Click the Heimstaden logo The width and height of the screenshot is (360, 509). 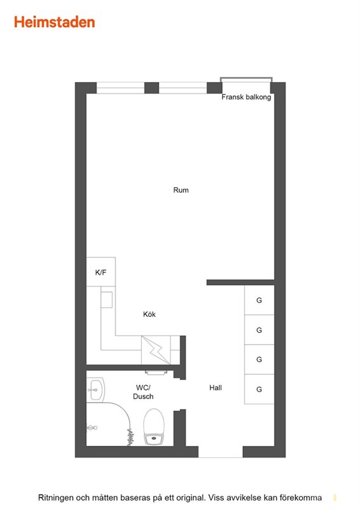(55, 22)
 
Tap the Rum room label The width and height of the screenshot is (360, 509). (181, 190)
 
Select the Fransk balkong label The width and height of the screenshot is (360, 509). (246, 97)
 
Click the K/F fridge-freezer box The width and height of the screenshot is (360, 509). (100, 272)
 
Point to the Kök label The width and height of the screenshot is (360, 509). (149, 314)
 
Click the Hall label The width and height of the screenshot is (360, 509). (216, 387)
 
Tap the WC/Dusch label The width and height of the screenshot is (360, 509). (143, 392)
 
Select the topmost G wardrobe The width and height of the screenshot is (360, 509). (259, 300)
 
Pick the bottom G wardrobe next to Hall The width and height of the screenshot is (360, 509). (259, 389)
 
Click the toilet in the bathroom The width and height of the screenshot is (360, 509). (154, 427)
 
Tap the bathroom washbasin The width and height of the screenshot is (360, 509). (95, 389)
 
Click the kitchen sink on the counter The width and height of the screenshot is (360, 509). (106, 300)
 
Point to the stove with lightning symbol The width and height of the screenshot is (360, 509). (156, 350)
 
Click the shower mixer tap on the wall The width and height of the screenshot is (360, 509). (92, 428)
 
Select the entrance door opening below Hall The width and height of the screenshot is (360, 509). (221, 452)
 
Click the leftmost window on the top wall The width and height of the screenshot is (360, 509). (120, 88)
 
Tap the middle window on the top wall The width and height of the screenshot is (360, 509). (183, 88)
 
